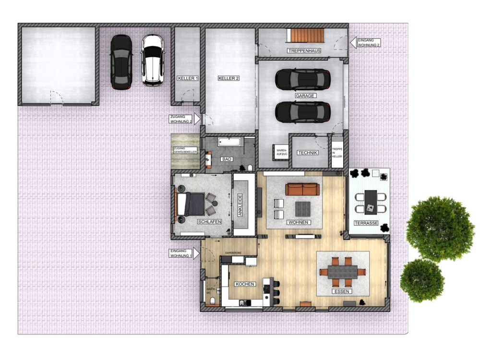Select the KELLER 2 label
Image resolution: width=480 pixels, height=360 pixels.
[228, 78]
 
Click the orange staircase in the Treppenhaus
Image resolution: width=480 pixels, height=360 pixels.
[306, 36]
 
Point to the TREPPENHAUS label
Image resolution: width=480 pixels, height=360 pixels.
[304, 50]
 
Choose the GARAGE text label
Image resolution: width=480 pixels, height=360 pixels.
[305, 96]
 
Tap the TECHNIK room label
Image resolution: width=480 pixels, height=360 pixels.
[308, 153]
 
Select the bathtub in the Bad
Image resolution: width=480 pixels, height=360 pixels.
[231, 142]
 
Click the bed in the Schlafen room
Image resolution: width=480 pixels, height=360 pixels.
[192, 204]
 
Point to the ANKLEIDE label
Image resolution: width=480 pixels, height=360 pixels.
[240, 205]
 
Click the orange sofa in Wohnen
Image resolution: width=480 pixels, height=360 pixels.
[302, 189]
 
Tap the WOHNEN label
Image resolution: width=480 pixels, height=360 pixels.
[298, 222]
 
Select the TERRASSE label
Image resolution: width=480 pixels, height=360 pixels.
[366, 223]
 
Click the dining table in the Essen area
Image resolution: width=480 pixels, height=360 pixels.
[342, 272]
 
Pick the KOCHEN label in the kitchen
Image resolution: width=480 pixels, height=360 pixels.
[245, 284]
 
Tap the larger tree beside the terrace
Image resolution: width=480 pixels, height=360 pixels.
[440, 228]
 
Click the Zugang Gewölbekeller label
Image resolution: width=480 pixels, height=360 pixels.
[185, 150]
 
